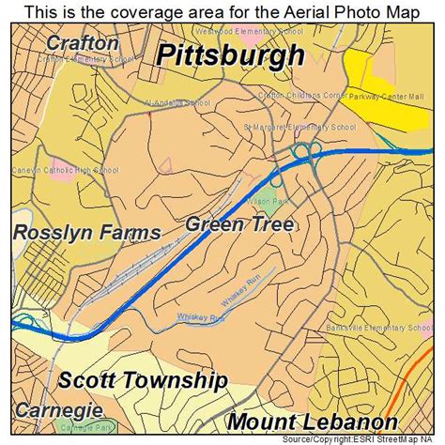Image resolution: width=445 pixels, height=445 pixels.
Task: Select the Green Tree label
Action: (238, 223)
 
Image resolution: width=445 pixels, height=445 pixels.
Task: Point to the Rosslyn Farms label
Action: (86, 233)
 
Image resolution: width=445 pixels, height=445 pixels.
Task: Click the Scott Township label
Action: (143, 380)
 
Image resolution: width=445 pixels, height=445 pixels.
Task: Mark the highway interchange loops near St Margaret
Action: (306, 150)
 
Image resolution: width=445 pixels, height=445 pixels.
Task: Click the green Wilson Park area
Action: (269, 197)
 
